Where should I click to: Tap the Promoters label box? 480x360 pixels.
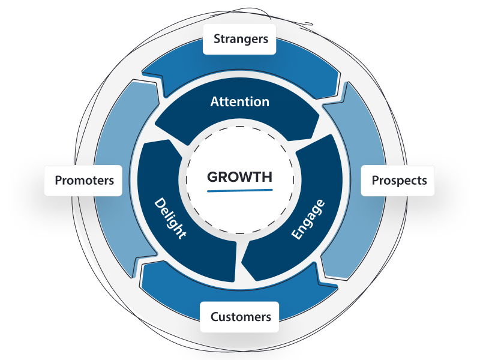(83, 180)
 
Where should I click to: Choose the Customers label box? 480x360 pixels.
(240, 317)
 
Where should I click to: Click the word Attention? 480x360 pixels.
(239, 102)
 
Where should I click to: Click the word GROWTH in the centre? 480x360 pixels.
(239, 177)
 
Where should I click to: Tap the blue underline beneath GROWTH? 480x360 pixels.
(239, 190)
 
